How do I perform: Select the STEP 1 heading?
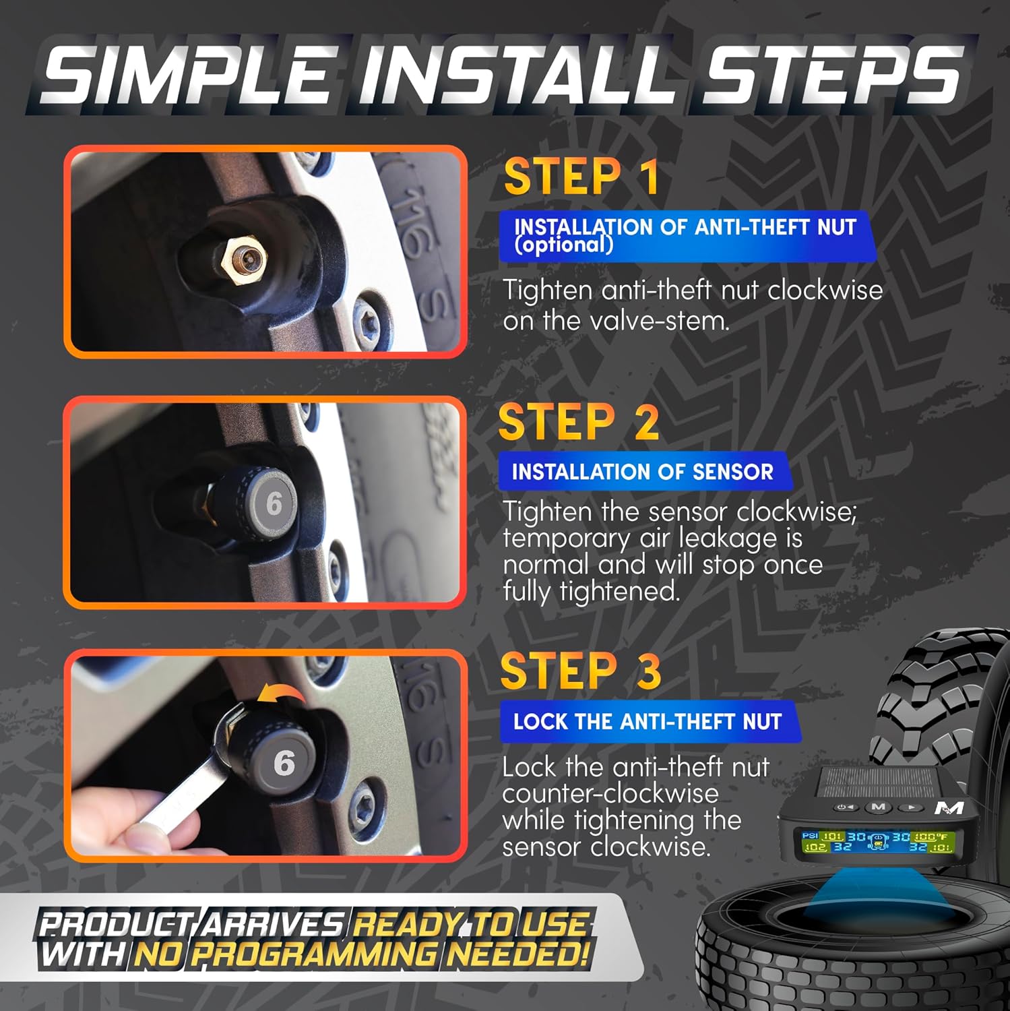pyautogui.click(x=581, y=177)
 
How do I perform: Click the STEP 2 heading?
pyautogui.click(x=579, y=422)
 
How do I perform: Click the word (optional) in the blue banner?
pyautogui.click(x=564, y=244)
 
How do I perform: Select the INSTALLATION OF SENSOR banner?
pyautogui.click(x=643, y=472)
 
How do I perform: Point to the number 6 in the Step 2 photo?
pyautogui.click(x=274, y=503)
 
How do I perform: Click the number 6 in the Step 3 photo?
pyautogui.click(x=284, y=763)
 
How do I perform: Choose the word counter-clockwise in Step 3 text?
pyautogui.click(x=610, y=793)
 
